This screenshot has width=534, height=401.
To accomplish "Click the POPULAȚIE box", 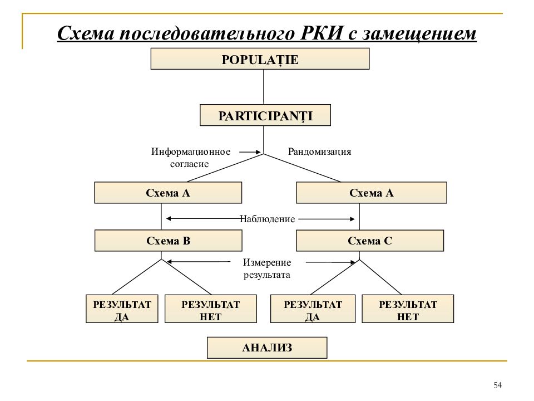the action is click(x=260, y=58).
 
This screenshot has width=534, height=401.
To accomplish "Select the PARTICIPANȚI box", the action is click(x=265, y=115).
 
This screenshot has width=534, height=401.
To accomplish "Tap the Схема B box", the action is click(x=168, y=241).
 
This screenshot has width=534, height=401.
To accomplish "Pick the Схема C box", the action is click(x=370, y=241).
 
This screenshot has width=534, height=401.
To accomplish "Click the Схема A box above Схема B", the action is click(x=168, y=193).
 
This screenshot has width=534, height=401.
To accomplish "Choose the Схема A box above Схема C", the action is click(x=371, y=193).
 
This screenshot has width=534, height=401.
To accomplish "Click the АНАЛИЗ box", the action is click(x=267, y=348).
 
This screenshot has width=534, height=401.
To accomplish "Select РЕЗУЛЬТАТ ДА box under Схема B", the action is click(x=122, y=309).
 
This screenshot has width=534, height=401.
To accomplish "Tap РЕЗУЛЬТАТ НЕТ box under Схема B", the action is click(x=210, y=309).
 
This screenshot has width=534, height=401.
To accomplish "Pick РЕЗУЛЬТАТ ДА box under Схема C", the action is click(x=313, y=309).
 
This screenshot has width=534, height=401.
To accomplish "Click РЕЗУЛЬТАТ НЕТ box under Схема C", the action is click(x=408, y=309).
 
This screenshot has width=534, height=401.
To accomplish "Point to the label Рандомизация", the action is click(x=319, y=151).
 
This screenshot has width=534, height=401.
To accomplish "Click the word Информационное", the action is click(x=191, y=151).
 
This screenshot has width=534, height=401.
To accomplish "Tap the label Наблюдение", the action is click(x=268, y=219).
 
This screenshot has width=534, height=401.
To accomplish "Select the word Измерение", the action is click(x=267, y=262).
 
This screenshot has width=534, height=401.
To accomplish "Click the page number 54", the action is click(x=497, y=385).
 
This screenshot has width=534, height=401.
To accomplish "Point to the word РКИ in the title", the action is click(x=321, y=33).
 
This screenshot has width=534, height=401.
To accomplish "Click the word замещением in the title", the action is click(x=419, y=33).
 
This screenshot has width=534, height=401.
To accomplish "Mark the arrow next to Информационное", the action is click(x=250, y=152).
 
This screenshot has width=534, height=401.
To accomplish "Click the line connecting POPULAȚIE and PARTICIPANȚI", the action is click(x=264, y=87).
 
